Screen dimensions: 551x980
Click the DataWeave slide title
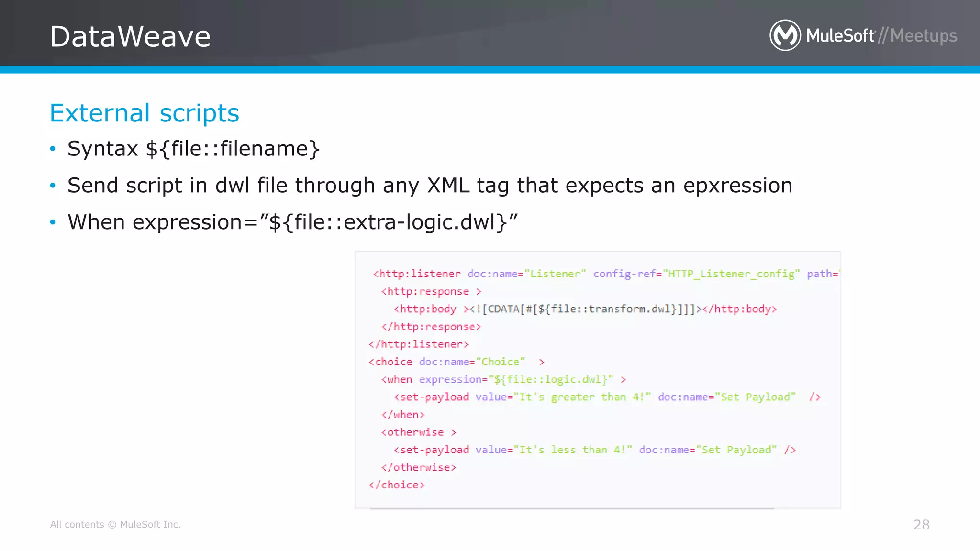[x=130, y=36]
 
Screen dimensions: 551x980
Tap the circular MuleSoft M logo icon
[x=785, y=35]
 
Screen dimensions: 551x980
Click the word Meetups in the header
[x=924, y=36]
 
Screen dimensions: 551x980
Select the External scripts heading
[x=144, y=113]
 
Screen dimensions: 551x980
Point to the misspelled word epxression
[x=737, y=186]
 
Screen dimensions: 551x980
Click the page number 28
[x=921, y=525]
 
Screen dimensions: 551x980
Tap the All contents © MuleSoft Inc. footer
[x=115, y=525]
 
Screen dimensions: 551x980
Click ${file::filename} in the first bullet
[x=233, y=149]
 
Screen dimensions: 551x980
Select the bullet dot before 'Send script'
[x=53, y=185]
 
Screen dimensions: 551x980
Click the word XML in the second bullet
[x=448, y=186]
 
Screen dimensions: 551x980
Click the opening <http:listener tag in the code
[x=416, y=274]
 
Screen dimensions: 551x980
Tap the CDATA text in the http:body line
[x=503, y=309]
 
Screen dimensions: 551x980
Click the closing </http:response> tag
[x=431, y=327]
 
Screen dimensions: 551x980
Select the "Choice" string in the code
[x=503, y=362]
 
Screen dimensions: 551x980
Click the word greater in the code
[x=572, y=397]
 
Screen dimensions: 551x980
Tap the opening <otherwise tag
[x=412, y=432]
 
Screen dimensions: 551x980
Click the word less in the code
[x=563, y=450]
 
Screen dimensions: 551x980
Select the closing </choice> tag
[x=397, y=485]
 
